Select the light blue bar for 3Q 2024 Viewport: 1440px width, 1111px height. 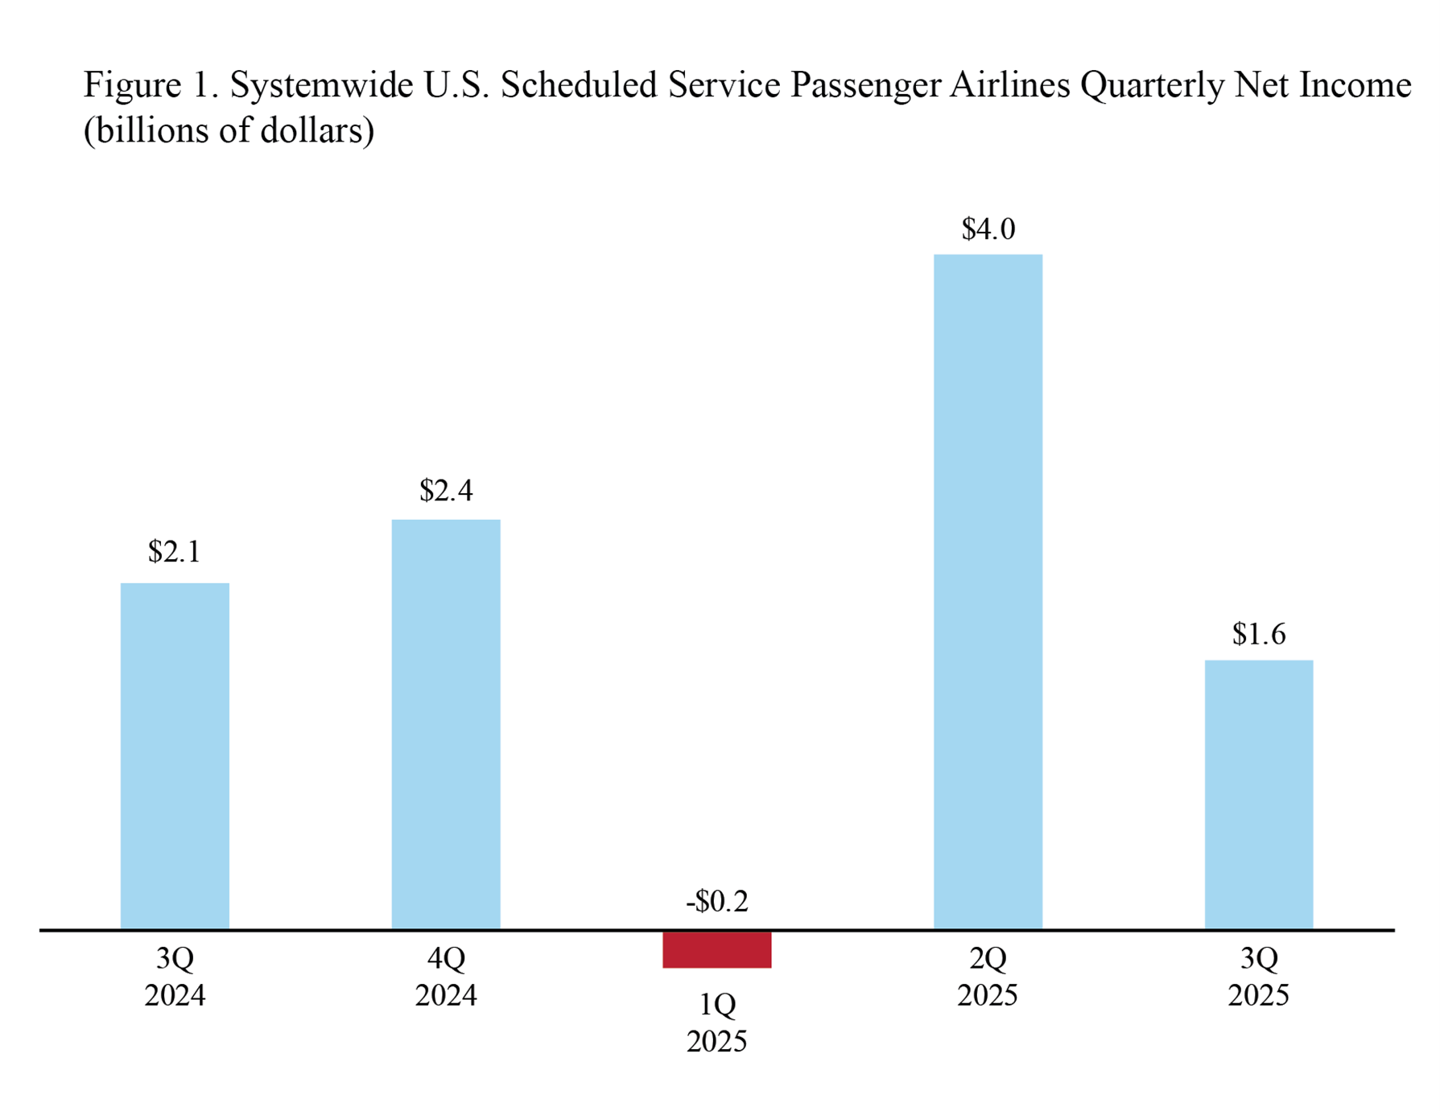pyautogui.click(x=175, y=756)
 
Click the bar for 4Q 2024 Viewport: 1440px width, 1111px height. pyautogui.click(x=446, y=724)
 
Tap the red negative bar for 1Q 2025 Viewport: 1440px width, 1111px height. pyautogui.click(x=716, y=949)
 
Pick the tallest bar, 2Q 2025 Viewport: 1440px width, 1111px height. pyautogui.click(x=988, y=591)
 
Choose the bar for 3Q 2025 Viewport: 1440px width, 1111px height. pyautogui.click(x=1258, y=794)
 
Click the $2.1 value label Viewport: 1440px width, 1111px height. pyautogui.click(x=174, y=552)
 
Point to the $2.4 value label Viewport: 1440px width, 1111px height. pyautogui.click(x=446, y=490)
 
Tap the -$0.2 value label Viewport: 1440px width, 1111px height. pyautogui.click(x=717, y=902)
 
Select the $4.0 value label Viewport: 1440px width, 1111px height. pyautogui.click(x=988, y=230)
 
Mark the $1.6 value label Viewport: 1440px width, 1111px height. pyautogui.click(x=1259, y=635)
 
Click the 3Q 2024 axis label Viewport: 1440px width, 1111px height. pyautogui.click(x=175, y=977)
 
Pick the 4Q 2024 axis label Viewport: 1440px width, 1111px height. pyautogui.click(x=446, y=977)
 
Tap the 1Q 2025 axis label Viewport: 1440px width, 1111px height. pyautogui.click(x=716, y=1023)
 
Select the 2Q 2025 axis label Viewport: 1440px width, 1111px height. pyautogui.click(x=988, y=977)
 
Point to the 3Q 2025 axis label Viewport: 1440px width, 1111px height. pyautogui.click(x=1258, y=977)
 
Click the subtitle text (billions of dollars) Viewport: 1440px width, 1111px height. pyautogui.click(x=229, y=131)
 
